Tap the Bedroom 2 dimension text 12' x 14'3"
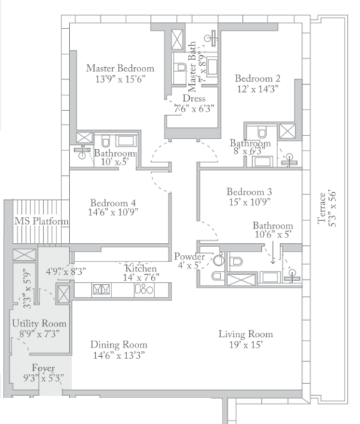pos(258,89)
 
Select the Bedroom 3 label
pos(249,192)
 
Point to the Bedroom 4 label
pos(113,203)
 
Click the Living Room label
pos(246,334)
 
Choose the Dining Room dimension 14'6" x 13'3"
pos(119,355)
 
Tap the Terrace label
pos(322,208)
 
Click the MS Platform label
pos(42,221)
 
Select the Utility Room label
pos(39,324)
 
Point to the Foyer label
pos(44,368)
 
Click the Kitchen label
pos(141,269)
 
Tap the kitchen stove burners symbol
pos(144,289)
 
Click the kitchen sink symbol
pos(101,289)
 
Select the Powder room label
pos(189,257)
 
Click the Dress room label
pos(194,98)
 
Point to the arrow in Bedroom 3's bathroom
pos(272,252)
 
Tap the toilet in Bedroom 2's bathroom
pos(261,131)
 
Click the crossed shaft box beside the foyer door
pos(64,294)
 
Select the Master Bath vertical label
pos(192,67)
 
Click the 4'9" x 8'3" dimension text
pos(66,271)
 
